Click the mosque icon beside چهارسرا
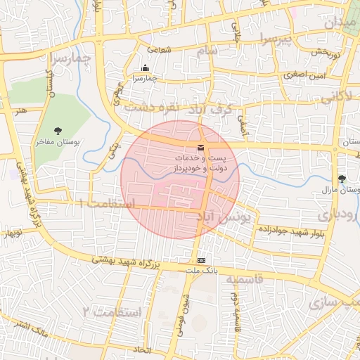click(145, 68)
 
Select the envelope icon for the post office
click(202, 148)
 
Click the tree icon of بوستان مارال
click(342, 179)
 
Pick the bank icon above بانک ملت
click(202, 260)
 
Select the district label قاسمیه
click(244, 279)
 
